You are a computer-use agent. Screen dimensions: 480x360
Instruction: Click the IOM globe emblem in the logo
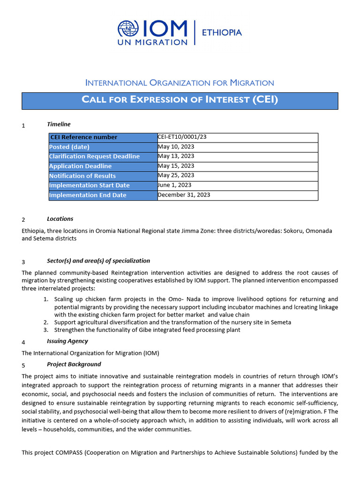(x=128, y=29)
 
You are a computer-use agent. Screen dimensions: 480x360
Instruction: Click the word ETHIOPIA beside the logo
(x=221, y=32)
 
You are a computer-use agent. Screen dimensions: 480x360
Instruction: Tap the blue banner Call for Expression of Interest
(x=180, y=100)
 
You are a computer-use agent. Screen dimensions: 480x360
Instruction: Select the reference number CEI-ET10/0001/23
(x=182, y=137)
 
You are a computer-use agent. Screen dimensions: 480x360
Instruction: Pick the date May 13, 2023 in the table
(x=176, y=156)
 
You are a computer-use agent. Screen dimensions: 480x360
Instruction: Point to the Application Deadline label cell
(x=80, y=166)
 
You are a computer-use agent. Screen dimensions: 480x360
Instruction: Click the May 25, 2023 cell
(x=176, y=175)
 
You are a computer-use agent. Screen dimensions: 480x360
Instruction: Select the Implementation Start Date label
(x=89, y=186)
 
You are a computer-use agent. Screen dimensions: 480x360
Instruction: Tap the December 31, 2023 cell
(x=184, y=195)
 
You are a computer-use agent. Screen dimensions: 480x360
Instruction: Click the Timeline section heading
(x=59, y=124)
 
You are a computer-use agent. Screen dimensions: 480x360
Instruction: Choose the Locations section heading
(x=60, y=219)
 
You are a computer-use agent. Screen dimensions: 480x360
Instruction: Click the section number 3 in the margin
(x=23, y=262)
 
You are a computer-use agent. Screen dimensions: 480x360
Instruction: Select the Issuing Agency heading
(x=67, y=341)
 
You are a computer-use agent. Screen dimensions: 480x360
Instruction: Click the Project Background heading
(x=74, y=364)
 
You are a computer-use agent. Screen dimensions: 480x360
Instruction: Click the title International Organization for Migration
(x=180, y=83)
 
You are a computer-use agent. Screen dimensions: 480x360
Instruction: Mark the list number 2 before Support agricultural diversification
(x=46, y=322)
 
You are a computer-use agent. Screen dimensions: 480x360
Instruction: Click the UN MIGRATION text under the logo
(x=152, y=42)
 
